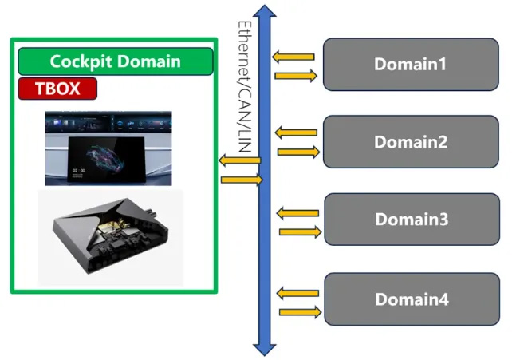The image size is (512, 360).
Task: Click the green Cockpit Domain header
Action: pos(116,61)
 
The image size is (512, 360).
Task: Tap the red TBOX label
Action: pos(57,88)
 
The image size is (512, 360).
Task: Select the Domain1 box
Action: pos(411,65)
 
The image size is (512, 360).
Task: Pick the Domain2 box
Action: pos(411,142)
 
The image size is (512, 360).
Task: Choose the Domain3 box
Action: pos(411,220)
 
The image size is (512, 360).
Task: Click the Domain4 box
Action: pos(411,299)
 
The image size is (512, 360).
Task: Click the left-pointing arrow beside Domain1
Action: pos(293,57)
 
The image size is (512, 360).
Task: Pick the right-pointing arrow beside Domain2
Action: pos(298,151)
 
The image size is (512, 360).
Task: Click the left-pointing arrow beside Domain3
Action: pos(296,212)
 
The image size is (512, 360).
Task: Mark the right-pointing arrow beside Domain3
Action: pos(299,231)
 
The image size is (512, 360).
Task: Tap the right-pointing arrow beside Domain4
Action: pos(299,311)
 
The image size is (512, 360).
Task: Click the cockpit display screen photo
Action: pos(108,148)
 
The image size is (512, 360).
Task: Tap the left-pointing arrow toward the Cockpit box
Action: pos(238,162)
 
